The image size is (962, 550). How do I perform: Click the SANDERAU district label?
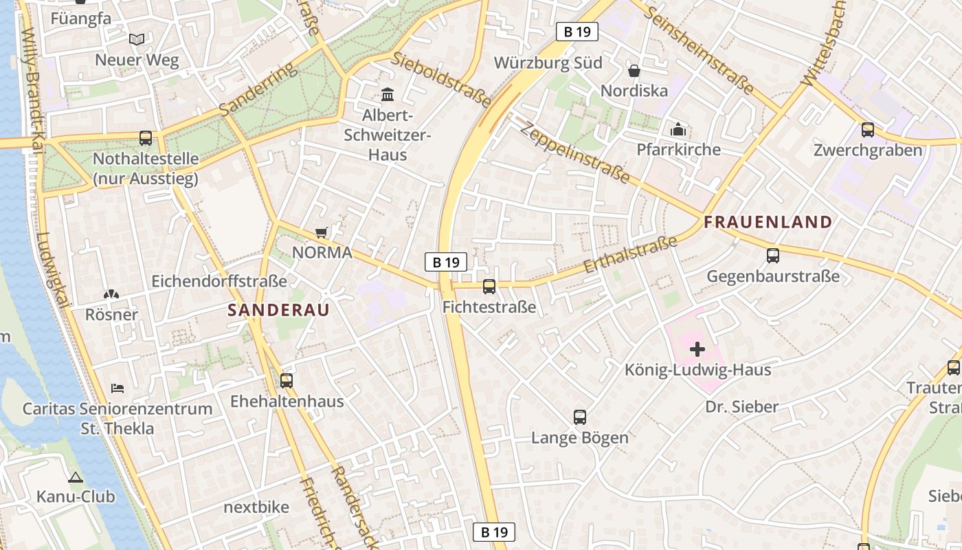tap(278, 310)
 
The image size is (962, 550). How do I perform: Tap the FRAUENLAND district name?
tap(768, 222)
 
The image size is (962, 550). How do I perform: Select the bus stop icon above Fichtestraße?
tap(489, 287)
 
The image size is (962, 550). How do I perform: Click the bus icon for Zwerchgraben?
tap(868, 130)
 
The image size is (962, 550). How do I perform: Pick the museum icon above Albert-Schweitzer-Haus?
tap(388, 94)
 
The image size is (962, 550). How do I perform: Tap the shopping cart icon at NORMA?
tap(321, 232)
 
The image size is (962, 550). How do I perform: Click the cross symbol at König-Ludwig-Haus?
tap(697, 349)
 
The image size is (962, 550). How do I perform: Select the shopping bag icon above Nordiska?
tap(634, 71)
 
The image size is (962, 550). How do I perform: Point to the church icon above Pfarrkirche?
tap(678, 129)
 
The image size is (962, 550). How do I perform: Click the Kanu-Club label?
tap(76, 496)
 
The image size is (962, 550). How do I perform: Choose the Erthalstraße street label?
tap(630, 254)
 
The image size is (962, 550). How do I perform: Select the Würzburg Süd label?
tap(548, 63)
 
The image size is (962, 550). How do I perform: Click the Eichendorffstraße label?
tap(219, 281)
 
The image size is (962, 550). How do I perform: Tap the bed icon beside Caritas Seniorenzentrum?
tap(118, 388)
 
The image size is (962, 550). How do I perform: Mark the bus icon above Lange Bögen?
tap(580, 417)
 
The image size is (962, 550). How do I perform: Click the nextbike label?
tap(256, 507)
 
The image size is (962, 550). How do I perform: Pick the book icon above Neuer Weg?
tap(137, 40)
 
